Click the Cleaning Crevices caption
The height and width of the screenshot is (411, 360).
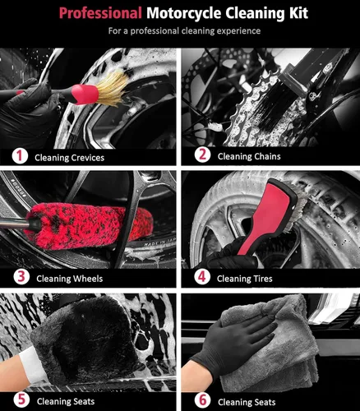pyautogui.click(x=69, y=157)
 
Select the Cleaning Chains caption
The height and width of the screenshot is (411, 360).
pyautogui.click(x=250, y=157)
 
